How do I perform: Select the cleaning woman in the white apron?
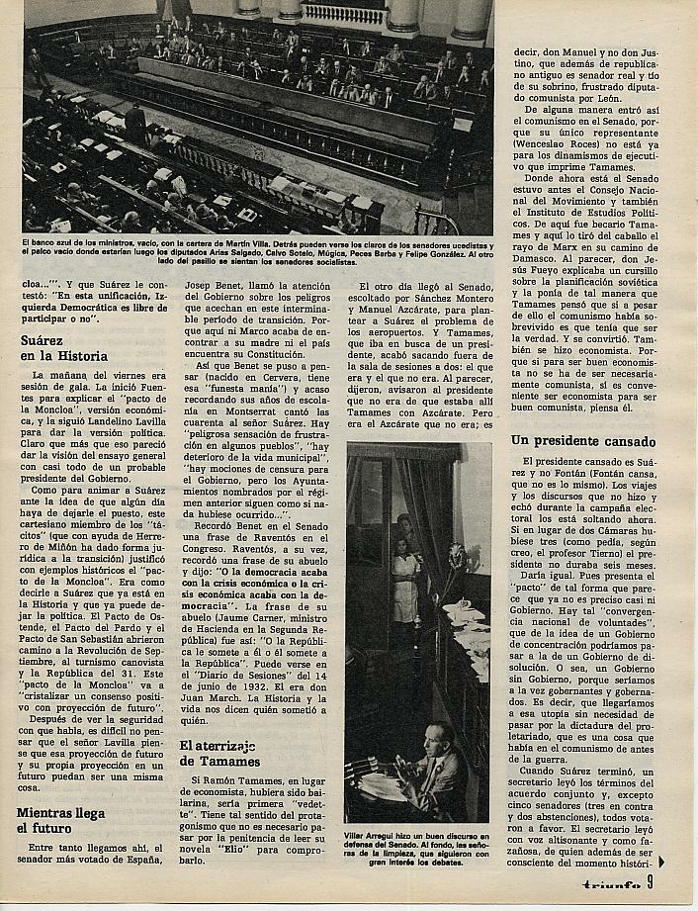click(x=405, y=584)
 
